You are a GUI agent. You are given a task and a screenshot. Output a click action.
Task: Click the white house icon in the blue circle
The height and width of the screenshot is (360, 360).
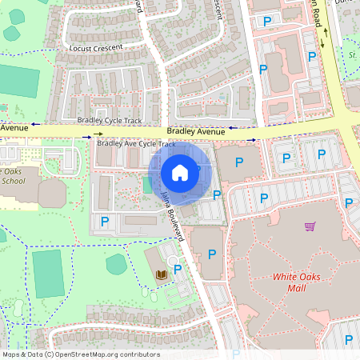click(180, 172)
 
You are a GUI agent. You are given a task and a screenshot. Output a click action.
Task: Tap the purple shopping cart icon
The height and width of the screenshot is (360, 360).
click(310, 226)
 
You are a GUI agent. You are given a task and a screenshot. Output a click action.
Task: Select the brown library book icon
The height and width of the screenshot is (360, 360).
click(161, 274)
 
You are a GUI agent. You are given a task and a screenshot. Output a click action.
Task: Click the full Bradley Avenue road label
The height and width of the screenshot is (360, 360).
click(196, 131)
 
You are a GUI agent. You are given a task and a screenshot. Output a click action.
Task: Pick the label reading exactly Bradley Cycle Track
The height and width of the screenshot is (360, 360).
click(109, 120)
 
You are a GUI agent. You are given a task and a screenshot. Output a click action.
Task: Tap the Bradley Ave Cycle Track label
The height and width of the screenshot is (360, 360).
click(135, 144)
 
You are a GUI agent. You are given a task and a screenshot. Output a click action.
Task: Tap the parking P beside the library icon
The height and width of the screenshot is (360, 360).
click(178, 270)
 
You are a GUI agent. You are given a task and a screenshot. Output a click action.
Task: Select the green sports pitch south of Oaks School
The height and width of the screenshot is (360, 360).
click(48, 273)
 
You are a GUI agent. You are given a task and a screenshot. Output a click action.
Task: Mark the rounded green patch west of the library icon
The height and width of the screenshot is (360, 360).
click(117, 263)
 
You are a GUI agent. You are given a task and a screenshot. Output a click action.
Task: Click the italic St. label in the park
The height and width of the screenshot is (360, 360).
click(352, 54)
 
